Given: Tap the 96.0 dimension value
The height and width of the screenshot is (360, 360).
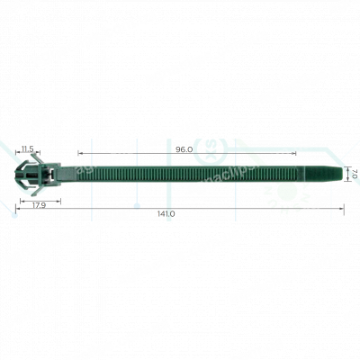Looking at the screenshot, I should coord(184,149).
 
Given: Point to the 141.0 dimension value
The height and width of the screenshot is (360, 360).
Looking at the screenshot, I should coord(166,213).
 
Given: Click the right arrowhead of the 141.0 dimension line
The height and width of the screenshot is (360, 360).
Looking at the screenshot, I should coord(343,209).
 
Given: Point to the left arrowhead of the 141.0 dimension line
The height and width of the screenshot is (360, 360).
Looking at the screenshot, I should coord(18,209).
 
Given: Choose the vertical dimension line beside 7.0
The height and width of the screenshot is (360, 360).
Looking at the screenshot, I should coord(346,173).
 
